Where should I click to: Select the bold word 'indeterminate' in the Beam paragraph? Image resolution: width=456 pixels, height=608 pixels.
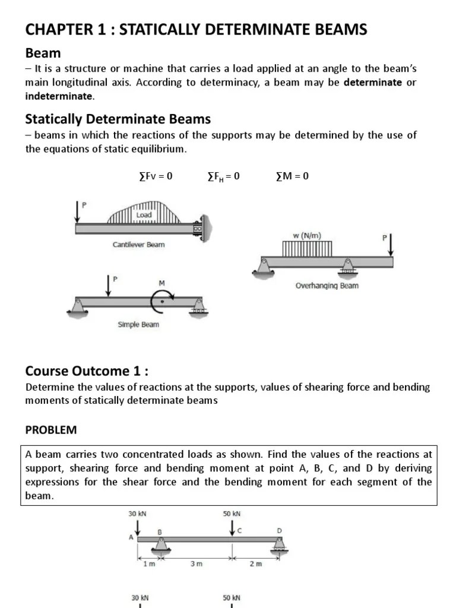59,96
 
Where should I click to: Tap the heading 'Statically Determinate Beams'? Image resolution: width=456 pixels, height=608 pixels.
118,119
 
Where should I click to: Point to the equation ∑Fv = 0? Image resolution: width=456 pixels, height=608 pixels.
152,176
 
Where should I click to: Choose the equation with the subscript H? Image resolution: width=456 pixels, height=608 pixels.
223,176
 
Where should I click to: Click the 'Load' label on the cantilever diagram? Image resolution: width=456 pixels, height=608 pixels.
144,215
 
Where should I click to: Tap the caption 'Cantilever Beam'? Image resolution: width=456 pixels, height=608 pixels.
138,245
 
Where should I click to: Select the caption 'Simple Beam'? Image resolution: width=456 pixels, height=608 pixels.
138,325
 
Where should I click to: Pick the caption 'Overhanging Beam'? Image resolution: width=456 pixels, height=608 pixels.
327,286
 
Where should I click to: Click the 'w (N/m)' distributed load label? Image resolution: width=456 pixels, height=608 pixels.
306,235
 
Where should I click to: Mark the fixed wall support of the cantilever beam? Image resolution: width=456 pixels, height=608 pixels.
204,229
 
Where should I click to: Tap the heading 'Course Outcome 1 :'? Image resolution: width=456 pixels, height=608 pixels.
86,371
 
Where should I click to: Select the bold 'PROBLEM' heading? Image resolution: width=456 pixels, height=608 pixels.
51,429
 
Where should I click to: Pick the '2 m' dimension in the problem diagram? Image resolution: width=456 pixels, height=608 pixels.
255,564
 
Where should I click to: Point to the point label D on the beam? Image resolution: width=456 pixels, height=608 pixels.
279,530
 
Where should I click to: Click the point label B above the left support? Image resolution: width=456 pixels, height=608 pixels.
159,532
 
